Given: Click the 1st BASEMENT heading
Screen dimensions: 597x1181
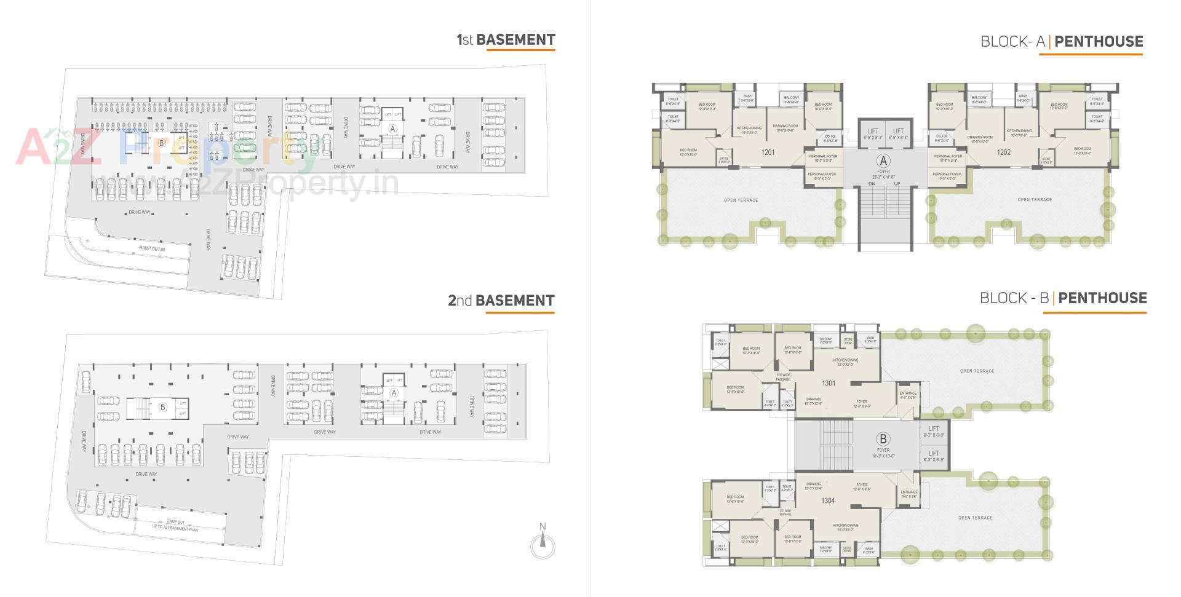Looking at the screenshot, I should click(x=506, y=40).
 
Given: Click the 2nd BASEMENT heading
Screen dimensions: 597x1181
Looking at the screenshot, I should click(x=501, y=301).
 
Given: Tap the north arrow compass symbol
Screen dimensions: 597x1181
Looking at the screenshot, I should click(x=543, y=544).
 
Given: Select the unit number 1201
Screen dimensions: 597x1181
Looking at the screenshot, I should click(x=768, y=152).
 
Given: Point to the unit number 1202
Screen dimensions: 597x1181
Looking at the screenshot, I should click(x=1003, y=152).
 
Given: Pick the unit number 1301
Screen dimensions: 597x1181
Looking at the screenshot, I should click(x=829, y=383).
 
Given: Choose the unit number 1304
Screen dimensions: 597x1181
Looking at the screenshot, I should click(x=828, y=500).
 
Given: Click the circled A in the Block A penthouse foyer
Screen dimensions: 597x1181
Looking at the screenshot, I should click(x=883, y=161).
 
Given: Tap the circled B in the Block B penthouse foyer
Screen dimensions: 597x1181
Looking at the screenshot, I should click(x=883, y=439).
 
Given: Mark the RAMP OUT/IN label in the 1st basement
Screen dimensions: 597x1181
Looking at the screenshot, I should click(x=152, y=248).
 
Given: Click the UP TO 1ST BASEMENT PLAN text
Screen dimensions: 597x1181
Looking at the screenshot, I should click(x=175, y=528).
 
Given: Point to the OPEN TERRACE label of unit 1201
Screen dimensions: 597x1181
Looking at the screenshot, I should click(x=741, y=200).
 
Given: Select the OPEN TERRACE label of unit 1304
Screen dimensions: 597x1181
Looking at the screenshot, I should click(x=975, y=518).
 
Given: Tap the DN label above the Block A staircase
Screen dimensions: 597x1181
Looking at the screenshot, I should click(x=872, y=184).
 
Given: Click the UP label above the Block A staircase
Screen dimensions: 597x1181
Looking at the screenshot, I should click(x=897, y=184).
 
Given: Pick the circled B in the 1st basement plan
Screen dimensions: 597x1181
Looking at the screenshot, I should click(x=161, y=143).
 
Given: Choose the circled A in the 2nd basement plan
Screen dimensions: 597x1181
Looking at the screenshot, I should click(x=394, y=393).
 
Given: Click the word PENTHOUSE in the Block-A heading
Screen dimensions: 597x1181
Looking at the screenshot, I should click(x=1099, y=42).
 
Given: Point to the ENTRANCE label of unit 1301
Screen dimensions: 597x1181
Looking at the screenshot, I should click(x=908, y=393).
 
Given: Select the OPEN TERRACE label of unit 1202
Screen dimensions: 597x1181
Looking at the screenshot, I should click(x=1035, y=200).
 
